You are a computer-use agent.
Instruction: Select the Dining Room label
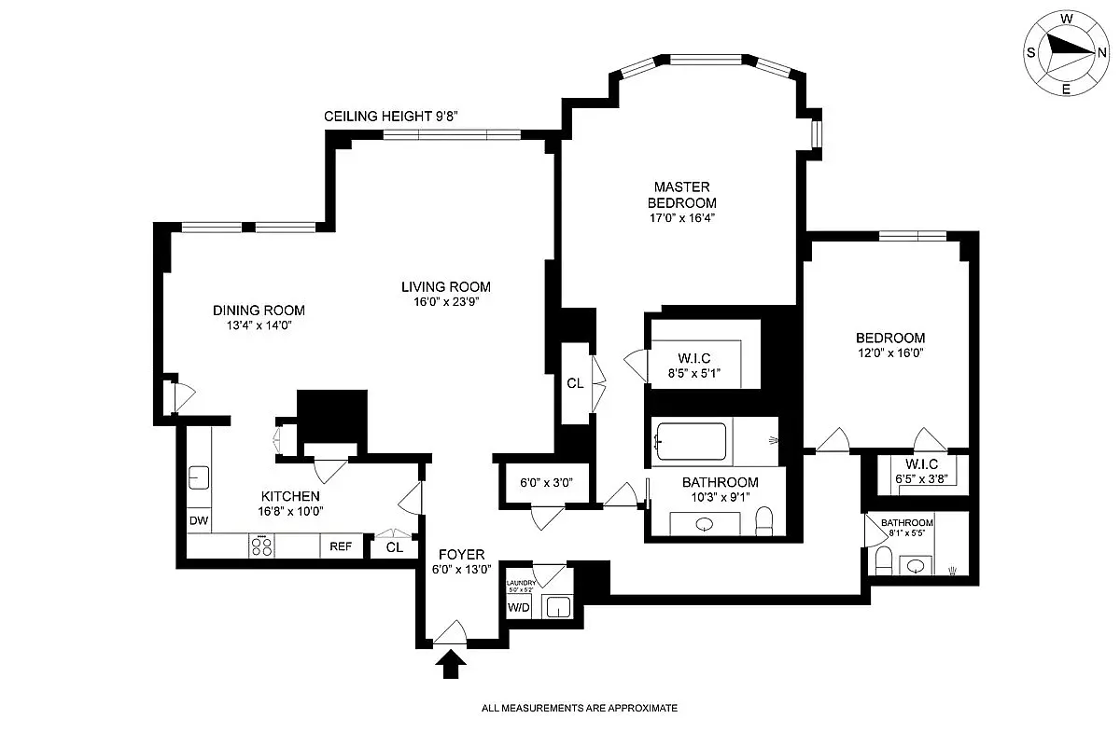click(259, 311)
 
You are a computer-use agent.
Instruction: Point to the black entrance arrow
click(451, 664)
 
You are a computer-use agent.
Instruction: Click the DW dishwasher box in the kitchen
click(198, 520)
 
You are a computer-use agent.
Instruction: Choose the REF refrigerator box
click(341, 546)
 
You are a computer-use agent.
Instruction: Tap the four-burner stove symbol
click(261, 546)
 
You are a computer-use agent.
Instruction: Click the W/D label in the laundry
click(517, 608)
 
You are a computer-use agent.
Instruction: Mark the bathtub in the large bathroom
click(692, 442)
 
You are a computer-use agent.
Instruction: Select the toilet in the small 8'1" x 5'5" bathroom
click(882, 562)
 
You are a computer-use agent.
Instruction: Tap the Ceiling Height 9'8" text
click(390, 117)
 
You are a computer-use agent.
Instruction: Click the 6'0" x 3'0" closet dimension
click(545, 483)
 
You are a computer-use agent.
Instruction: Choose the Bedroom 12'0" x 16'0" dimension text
click(890, 353)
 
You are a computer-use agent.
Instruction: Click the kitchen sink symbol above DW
click(199, 478)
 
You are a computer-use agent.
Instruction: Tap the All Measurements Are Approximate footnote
click(579, 709)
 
